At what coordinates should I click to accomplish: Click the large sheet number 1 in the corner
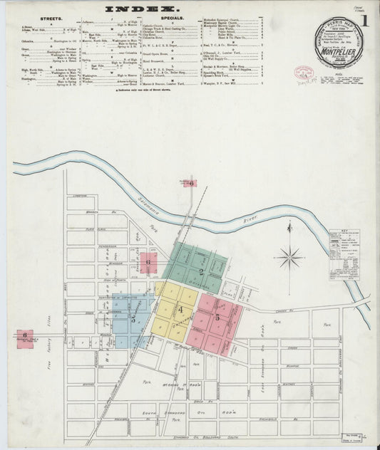pyautogui.click(x=364, y=21)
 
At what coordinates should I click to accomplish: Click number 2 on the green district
pyautogui.click(x=202, y=271)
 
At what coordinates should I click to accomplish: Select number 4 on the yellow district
pyautogui.click(x=180, y=310)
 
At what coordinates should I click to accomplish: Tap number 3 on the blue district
pyautogui.click(x=133, y=320)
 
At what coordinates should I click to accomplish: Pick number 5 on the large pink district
pyautogui.click(x=218, y=318)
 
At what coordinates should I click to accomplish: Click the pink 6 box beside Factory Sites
pyautogui.click(x=24, y=335)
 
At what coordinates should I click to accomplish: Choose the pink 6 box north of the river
pyautogui.click(x=191, y=183)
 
